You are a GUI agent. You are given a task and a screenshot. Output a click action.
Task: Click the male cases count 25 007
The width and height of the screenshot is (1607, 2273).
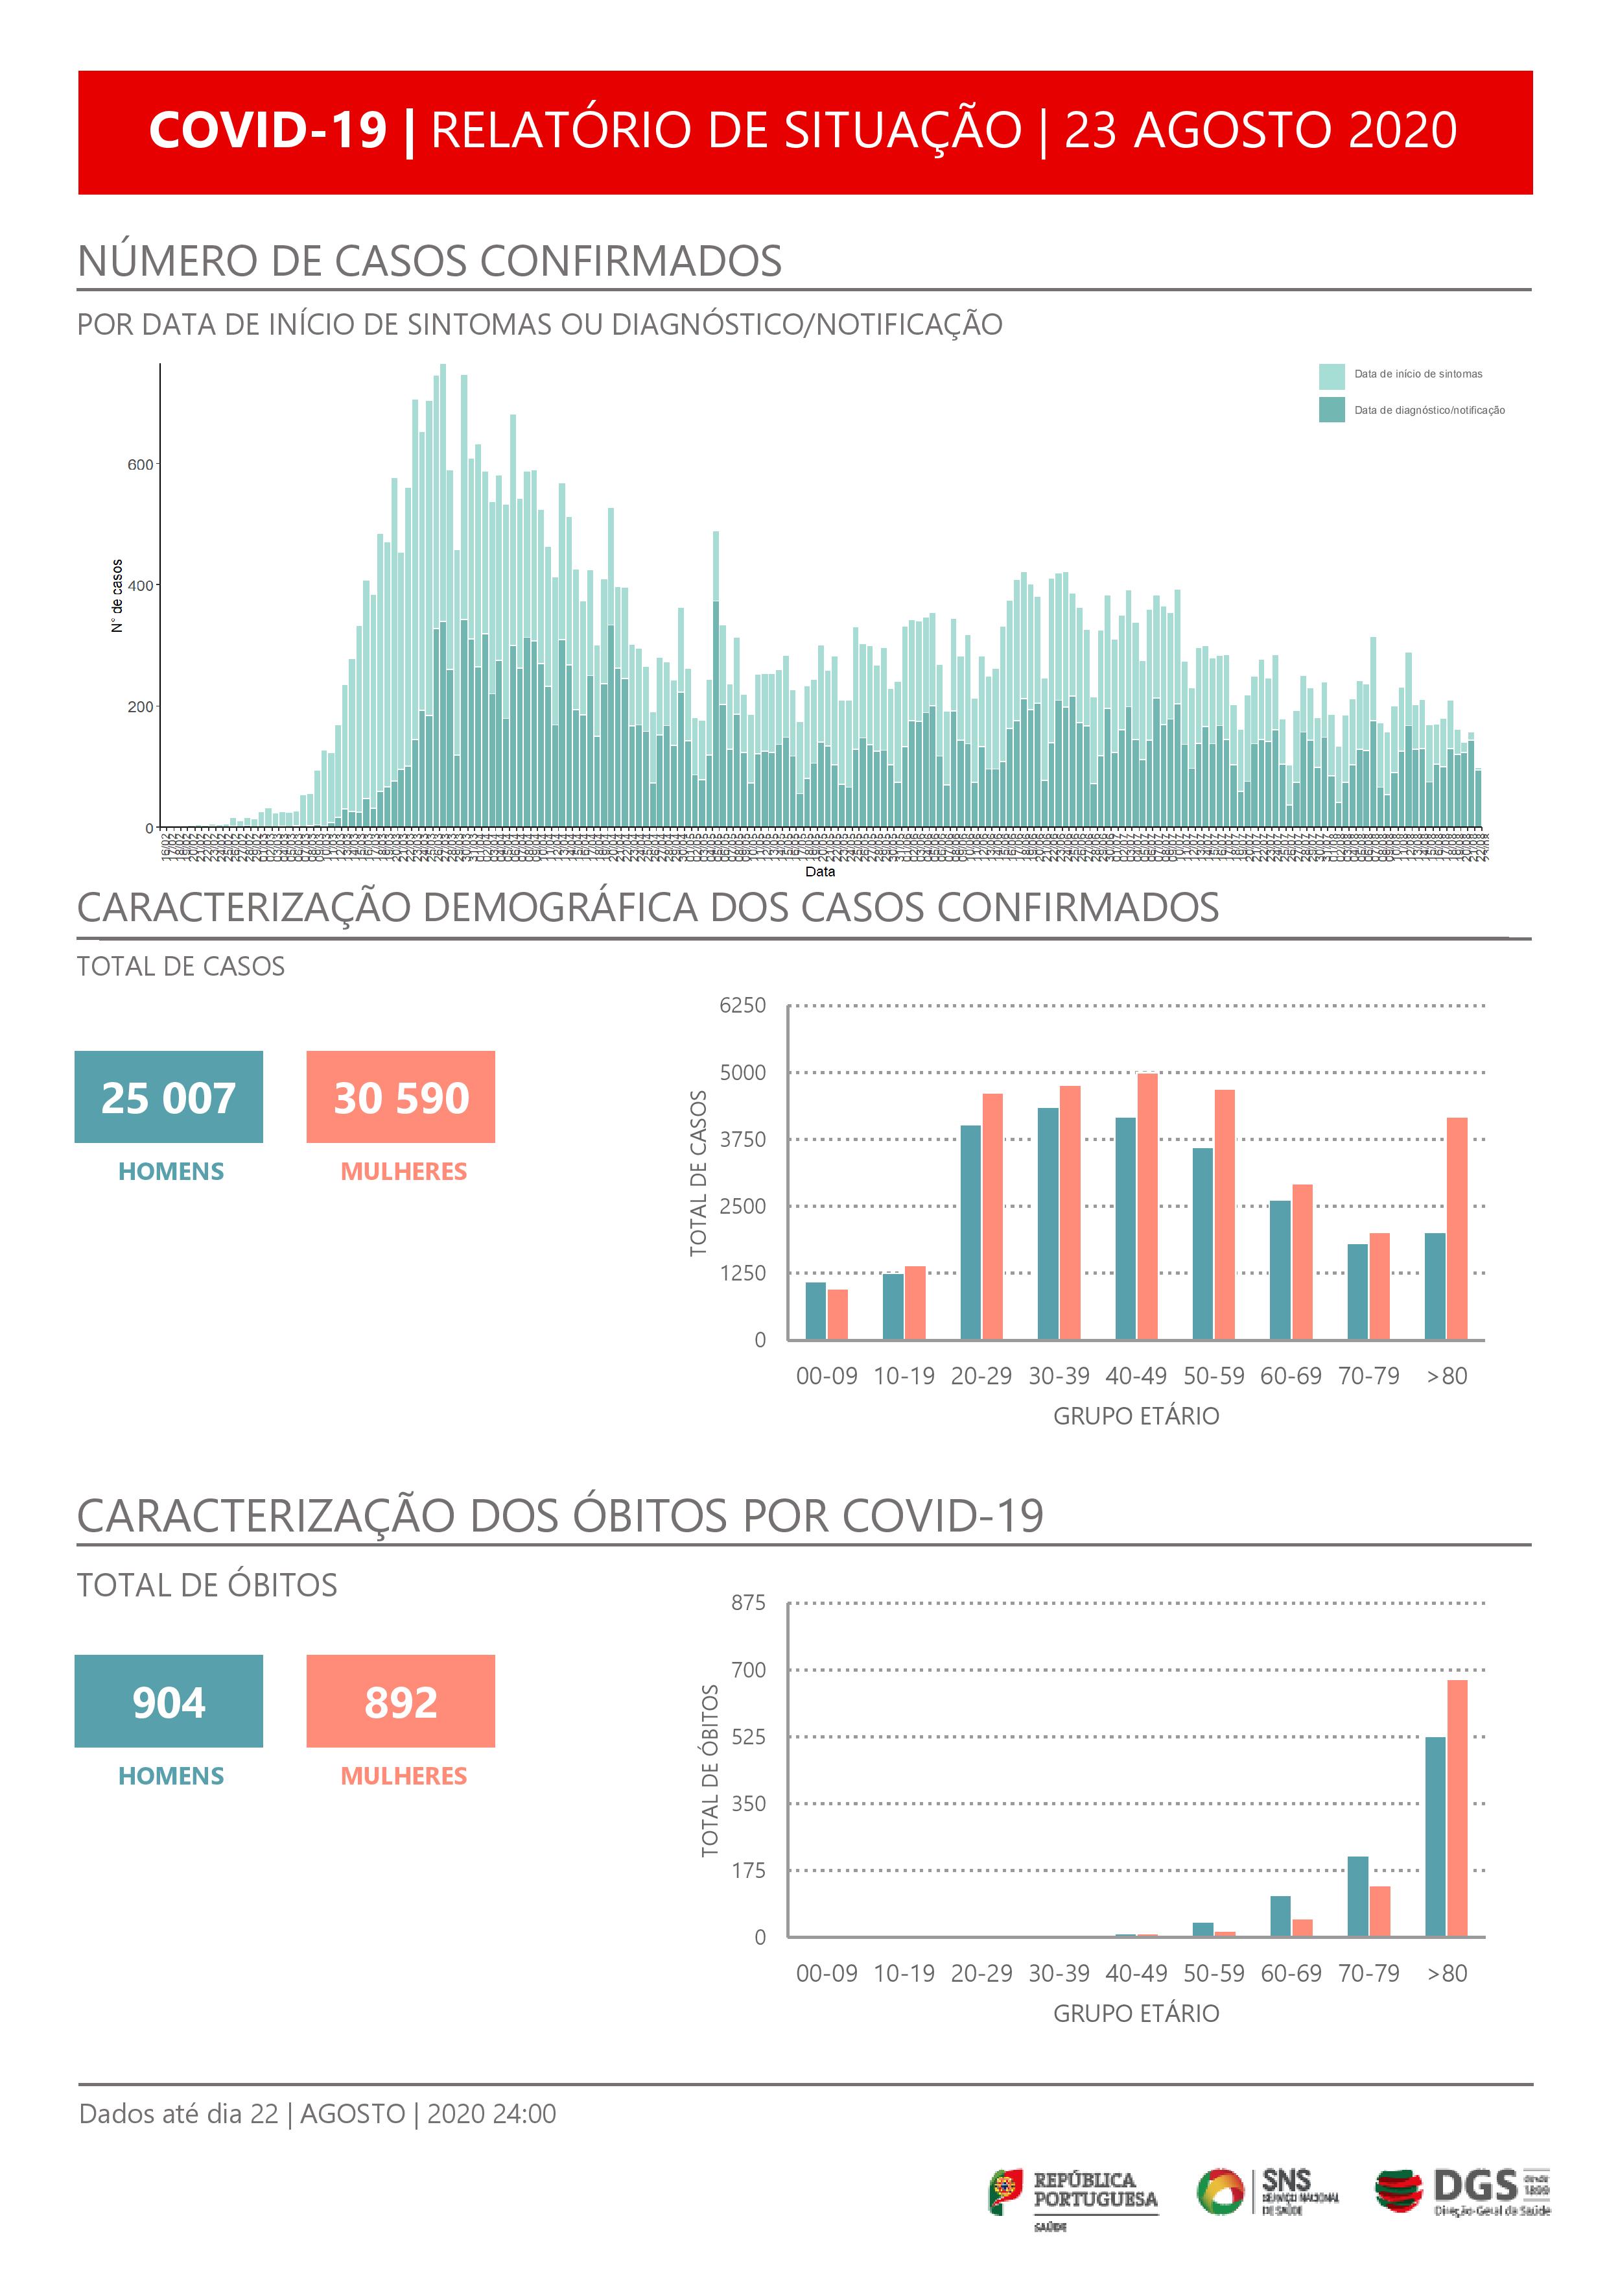click(x=169, y=1097)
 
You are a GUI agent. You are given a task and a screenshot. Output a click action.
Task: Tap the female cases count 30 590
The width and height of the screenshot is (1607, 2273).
click(x=401, y=1097)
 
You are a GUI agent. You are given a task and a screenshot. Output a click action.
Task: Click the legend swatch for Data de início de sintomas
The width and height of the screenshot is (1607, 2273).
click(x=1331, y=376)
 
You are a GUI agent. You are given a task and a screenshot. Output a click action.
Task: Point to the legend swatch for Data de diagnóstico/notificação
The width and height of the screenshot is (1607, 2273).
click(x=1331, y=410)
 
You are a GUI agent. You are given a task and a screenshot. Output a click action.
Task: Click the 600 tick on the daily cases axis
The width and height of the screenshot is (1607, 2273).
click(x=141, y=464)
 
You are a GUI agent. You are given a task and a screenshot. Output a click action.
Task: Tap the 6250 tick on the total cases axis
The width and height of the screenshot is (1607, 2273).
click(x=742, y=1006)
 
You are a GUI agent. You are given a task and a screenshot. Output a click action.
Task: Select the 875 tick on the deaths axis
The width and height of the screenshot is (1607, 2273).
click(x=748, y=1603)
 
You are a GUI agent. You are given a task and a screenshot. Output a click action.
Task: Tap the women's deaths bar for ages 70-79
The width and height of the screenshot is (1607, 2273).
click(x=1379, y=1912)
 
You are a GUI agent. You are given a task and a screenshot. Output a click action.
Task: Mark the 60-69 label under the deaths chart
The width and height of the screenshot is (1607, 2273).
click(x=1291, y=1973)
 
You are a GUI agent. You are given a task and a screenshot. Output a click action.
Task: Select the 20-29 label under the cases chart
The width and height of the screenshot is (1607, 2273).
click(x=981, y=1376)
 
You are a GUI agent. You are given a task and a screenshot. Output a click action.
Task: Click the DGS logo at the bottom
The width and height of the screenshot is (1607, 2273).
click(x=1462, y=2192)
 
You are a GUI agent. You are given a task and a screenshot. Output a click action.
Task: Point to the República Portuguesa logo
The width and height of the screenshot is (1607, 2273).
click(x=1073, y=2192)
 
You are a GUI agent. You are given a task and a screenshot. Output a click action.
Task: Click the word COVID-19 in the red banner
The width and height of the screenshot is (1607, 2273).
click(x=267, y=130)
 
